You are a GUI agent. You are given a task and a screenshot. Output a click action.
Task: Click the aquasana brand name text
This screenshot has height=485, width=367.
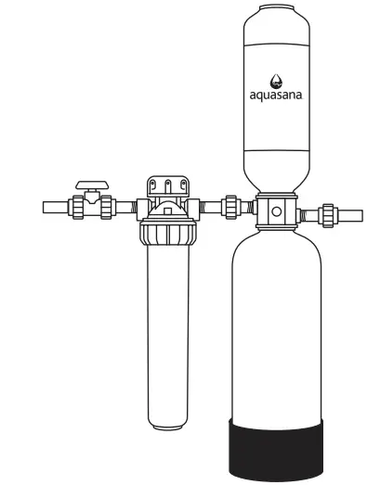tap(274, 94)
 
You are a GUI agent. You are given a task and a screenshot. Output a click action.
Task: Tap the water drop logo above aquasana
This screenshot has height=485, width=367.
tap(274, 80)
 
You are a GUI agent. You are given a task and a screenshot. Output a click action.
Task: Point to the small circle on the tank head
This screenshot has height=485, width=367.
tap(275, 211)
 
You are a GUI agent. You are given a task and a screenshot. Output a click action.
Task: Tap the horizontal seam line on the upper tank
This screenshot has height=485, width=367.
tap(274, 148)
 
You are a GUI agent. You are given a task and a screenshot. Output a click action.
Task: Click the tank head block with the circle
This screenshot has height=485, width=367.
tap(275, 211)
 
